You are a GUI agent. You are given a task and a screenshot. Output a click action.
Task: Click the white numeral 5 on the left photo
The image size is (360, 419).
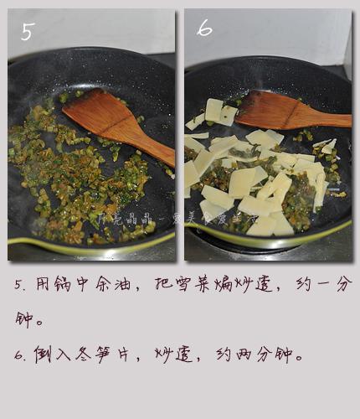tap(27, 31)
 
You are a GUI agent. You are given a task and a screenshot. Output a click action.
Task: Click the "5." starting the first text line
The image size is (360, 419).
tap(21, 286)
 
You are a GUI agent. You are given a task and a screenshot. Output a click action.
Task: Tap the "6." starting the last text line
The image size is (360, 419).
tap(21, 355)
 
